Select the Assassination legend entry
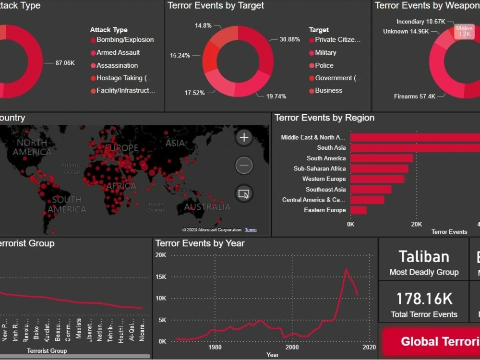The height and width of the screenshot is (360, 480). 117,65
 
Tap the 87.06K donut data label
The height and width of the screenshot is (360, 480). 65,63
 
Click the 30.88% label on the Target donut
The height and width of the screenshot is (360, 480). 290,39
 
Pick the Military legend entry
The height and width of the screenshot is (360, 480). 325,53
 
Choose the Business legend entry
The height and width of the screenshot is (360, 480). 328,91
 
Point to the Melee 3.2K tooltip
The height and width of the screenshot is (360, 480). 464,31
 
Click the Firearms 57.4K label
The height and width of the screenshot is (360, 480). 415,96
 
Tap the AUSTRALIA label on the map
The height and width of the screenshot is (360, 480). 207,207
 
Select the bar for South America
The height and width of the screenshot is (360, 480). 382,158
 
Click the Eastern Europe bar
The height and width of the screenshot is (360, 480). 359,210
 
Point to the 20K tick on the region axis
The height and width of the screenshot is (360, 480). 417,224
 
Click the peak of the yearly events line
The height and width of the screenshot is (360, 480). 346,269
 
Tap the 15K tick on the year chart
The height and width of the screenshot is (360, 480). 160,277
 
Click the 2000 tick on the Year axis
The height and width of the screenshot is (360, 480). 292,348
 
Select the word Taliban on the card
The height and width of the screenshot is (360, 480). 424,257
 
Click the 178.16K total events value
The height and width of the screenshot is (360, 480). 424,299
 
